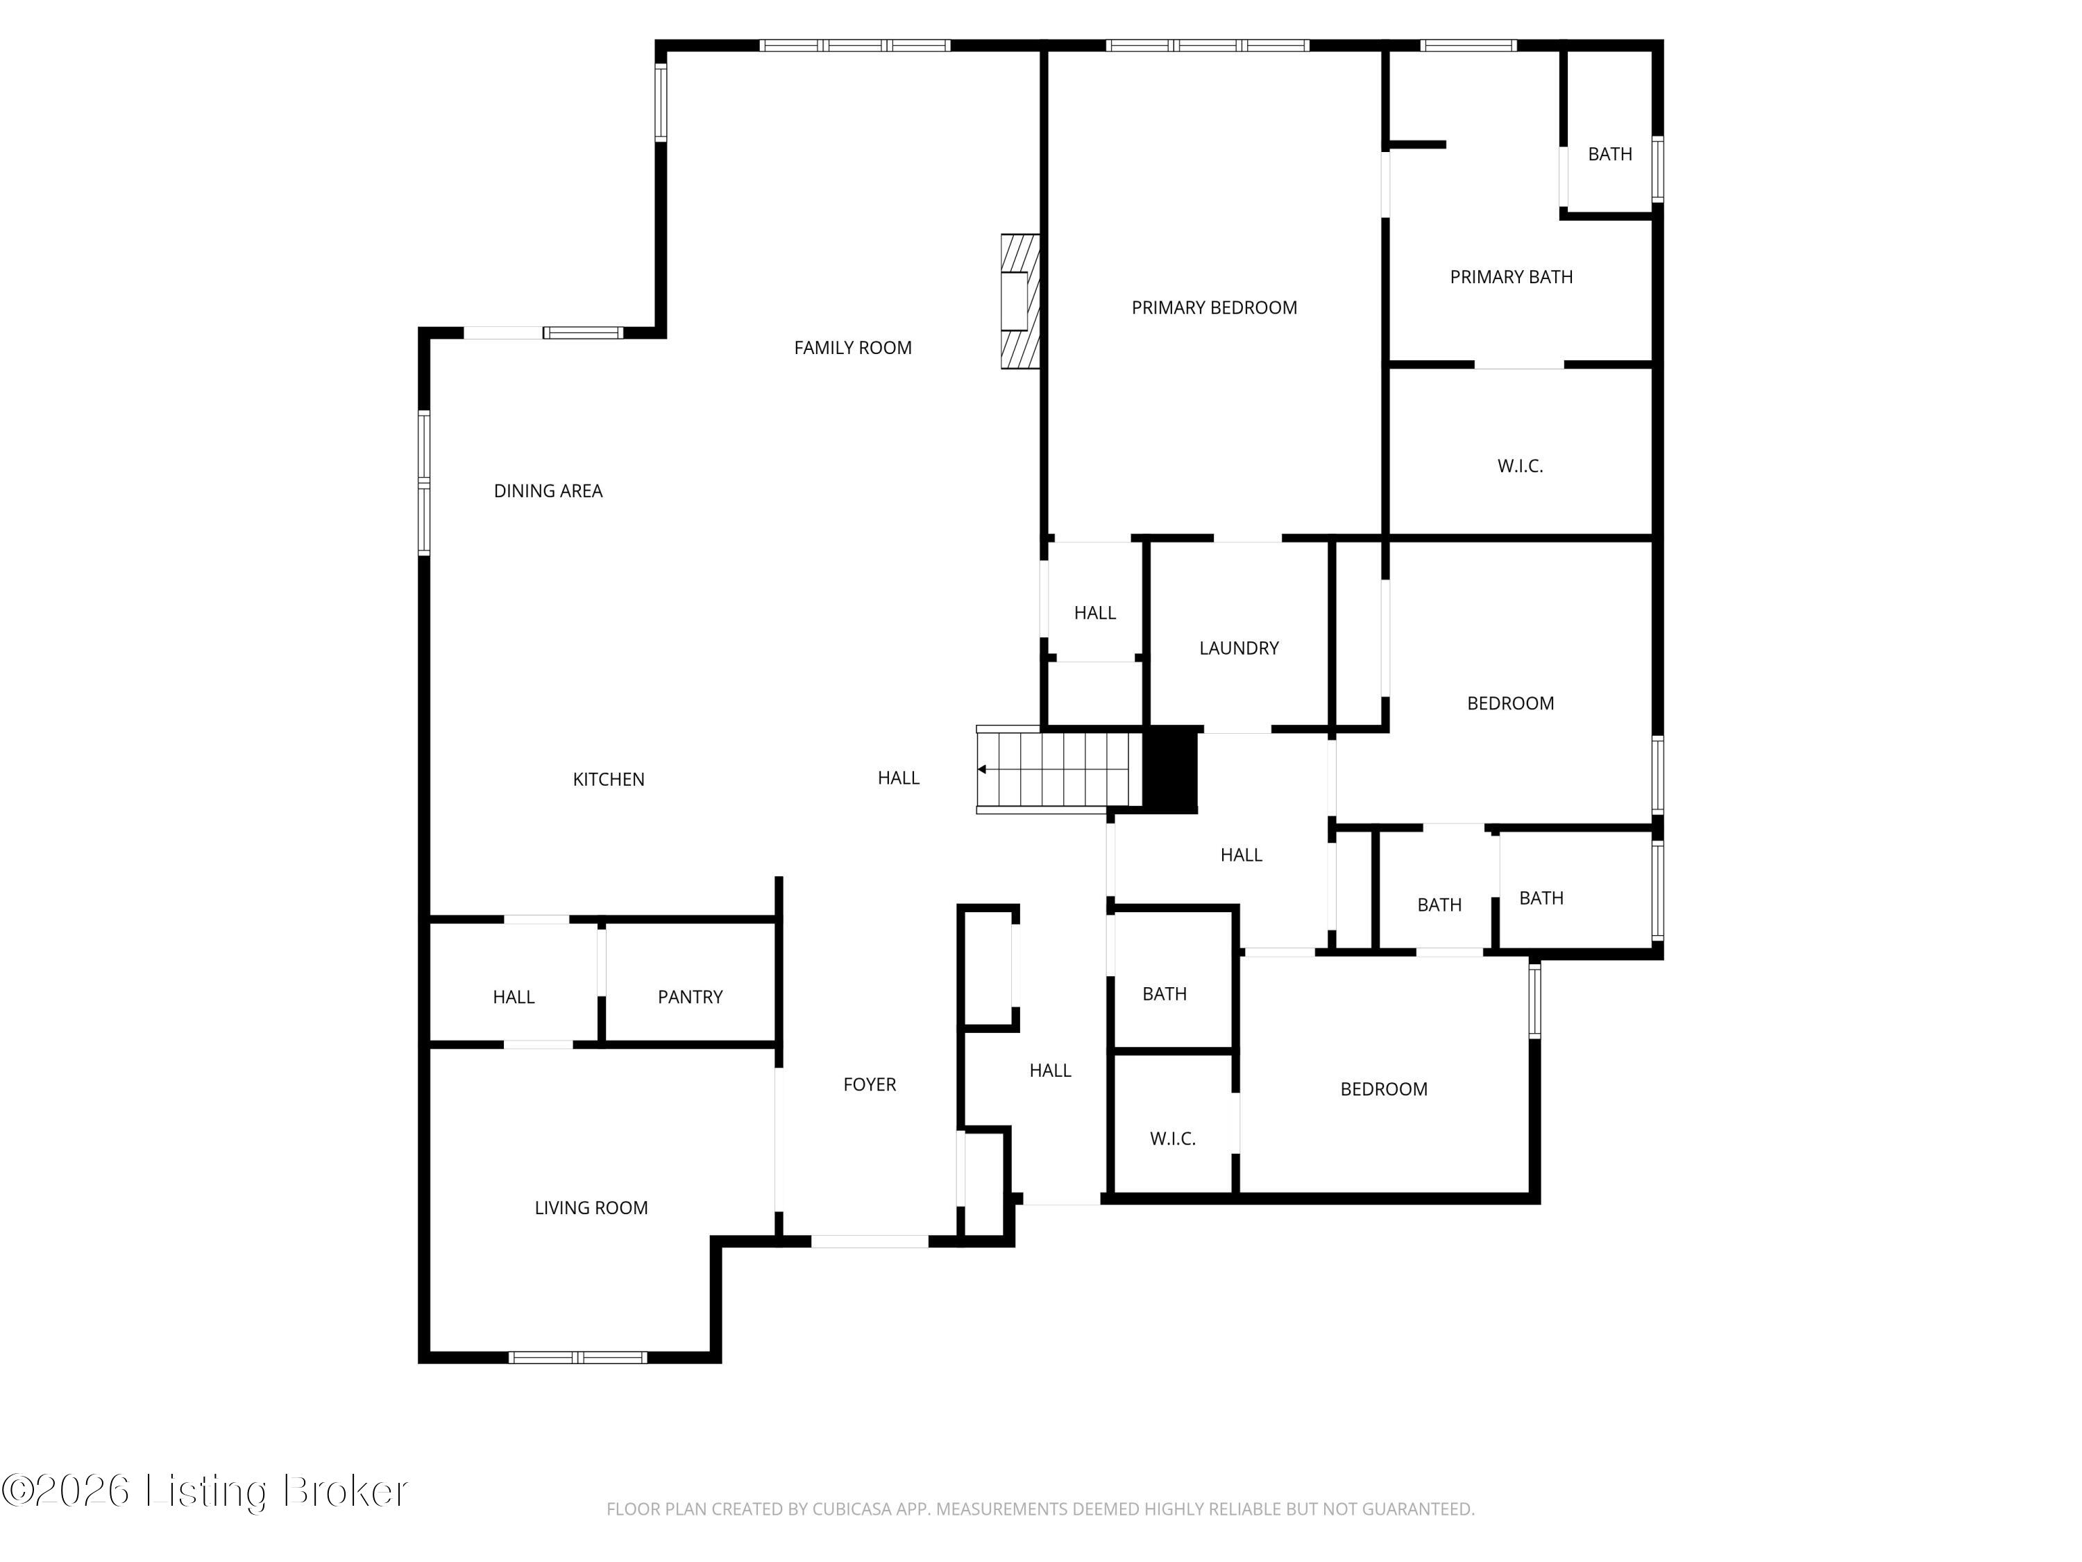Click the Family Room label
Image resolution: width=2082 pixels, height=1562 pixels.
853,347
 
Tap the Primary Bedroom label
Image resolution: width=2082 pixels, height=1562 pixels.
1214,307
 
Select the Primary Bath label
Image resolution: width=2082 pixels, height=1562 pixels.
1512,277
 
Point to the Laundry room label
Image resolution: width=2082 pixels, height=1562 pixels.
1239,648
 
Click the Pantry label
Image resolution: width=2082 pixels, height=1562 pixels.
690,996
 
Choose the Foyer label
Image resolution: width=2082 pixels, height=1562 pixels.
870,1084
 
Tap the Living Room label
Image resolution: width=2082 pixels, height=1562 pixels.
591,1207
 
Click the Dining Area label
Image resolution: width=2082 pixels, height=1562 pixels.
548,491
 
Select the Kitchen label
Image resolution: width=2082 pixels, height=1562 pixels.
609,779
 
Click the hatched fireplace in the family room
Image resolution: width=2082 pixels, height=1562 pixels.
1020,301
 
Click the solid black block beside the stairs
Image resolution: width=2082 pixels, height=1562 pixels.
1170,769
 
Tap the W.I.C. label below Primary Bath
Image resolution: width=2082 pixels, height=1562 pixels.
1520,465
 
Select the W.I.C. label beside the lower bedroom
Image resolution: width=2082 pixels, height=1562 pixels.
1173,1139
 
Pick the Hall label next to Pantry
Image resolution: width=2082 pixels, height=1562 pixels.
514,996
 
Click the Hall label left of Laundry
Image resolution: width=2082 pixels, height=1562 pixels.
1094,612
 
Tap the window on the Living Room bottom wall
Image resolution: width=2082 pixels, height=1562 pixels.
578,1357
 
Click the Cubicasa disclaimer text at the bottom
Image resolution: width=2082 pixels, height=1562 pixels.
1040,1509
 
